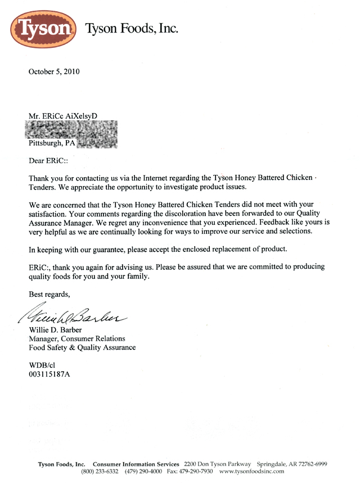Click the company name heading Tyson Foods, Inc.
pos(131,28)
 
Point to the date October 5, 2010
pos(54,71)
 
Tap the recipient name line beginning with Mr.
pos(63,115)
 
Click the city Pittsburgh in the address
pos(47,143)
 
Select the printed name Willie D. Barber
pos(61,329)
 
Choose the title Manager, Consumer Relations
pos(77,338)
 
